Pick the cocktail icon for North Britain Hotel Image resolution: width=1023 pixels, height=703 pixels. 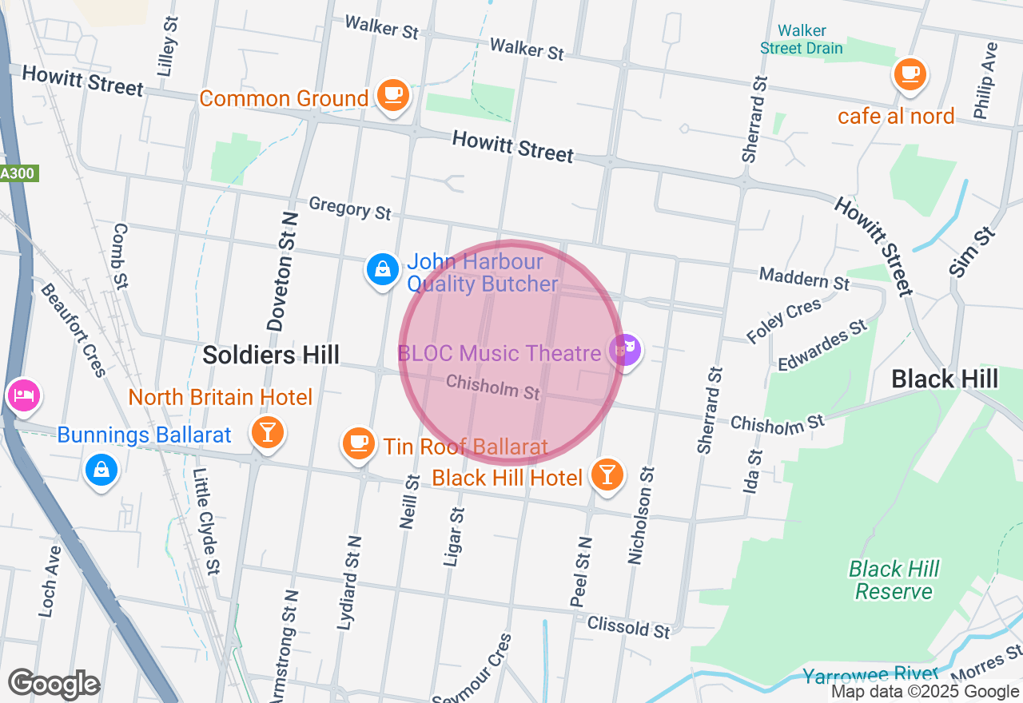[267, 432]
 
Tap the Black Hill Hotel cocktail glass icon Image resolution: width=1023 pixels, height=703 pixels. [607, 475]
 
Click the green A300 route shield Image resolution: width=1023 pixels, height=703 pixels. [18, 173]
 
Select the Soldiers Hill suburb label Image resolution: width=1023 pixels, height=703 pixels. [271, 355]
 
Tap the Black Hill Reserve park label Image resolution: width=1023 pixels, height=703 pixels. [894, 581]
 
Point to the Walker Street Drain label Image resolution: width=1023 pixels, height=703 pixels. [801, 40]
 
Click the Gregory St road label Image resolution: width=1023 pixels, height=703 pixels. [350, 208]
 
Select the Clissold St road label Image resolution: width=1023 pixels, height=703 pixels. [629, 627]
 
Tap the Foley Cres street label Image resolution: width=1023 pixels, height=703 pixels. [783, 320]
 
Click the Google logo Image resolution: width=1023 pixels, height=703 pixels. [54, 685]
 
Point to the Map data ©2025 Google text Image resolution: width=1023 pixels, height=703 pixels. [925, 692]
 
